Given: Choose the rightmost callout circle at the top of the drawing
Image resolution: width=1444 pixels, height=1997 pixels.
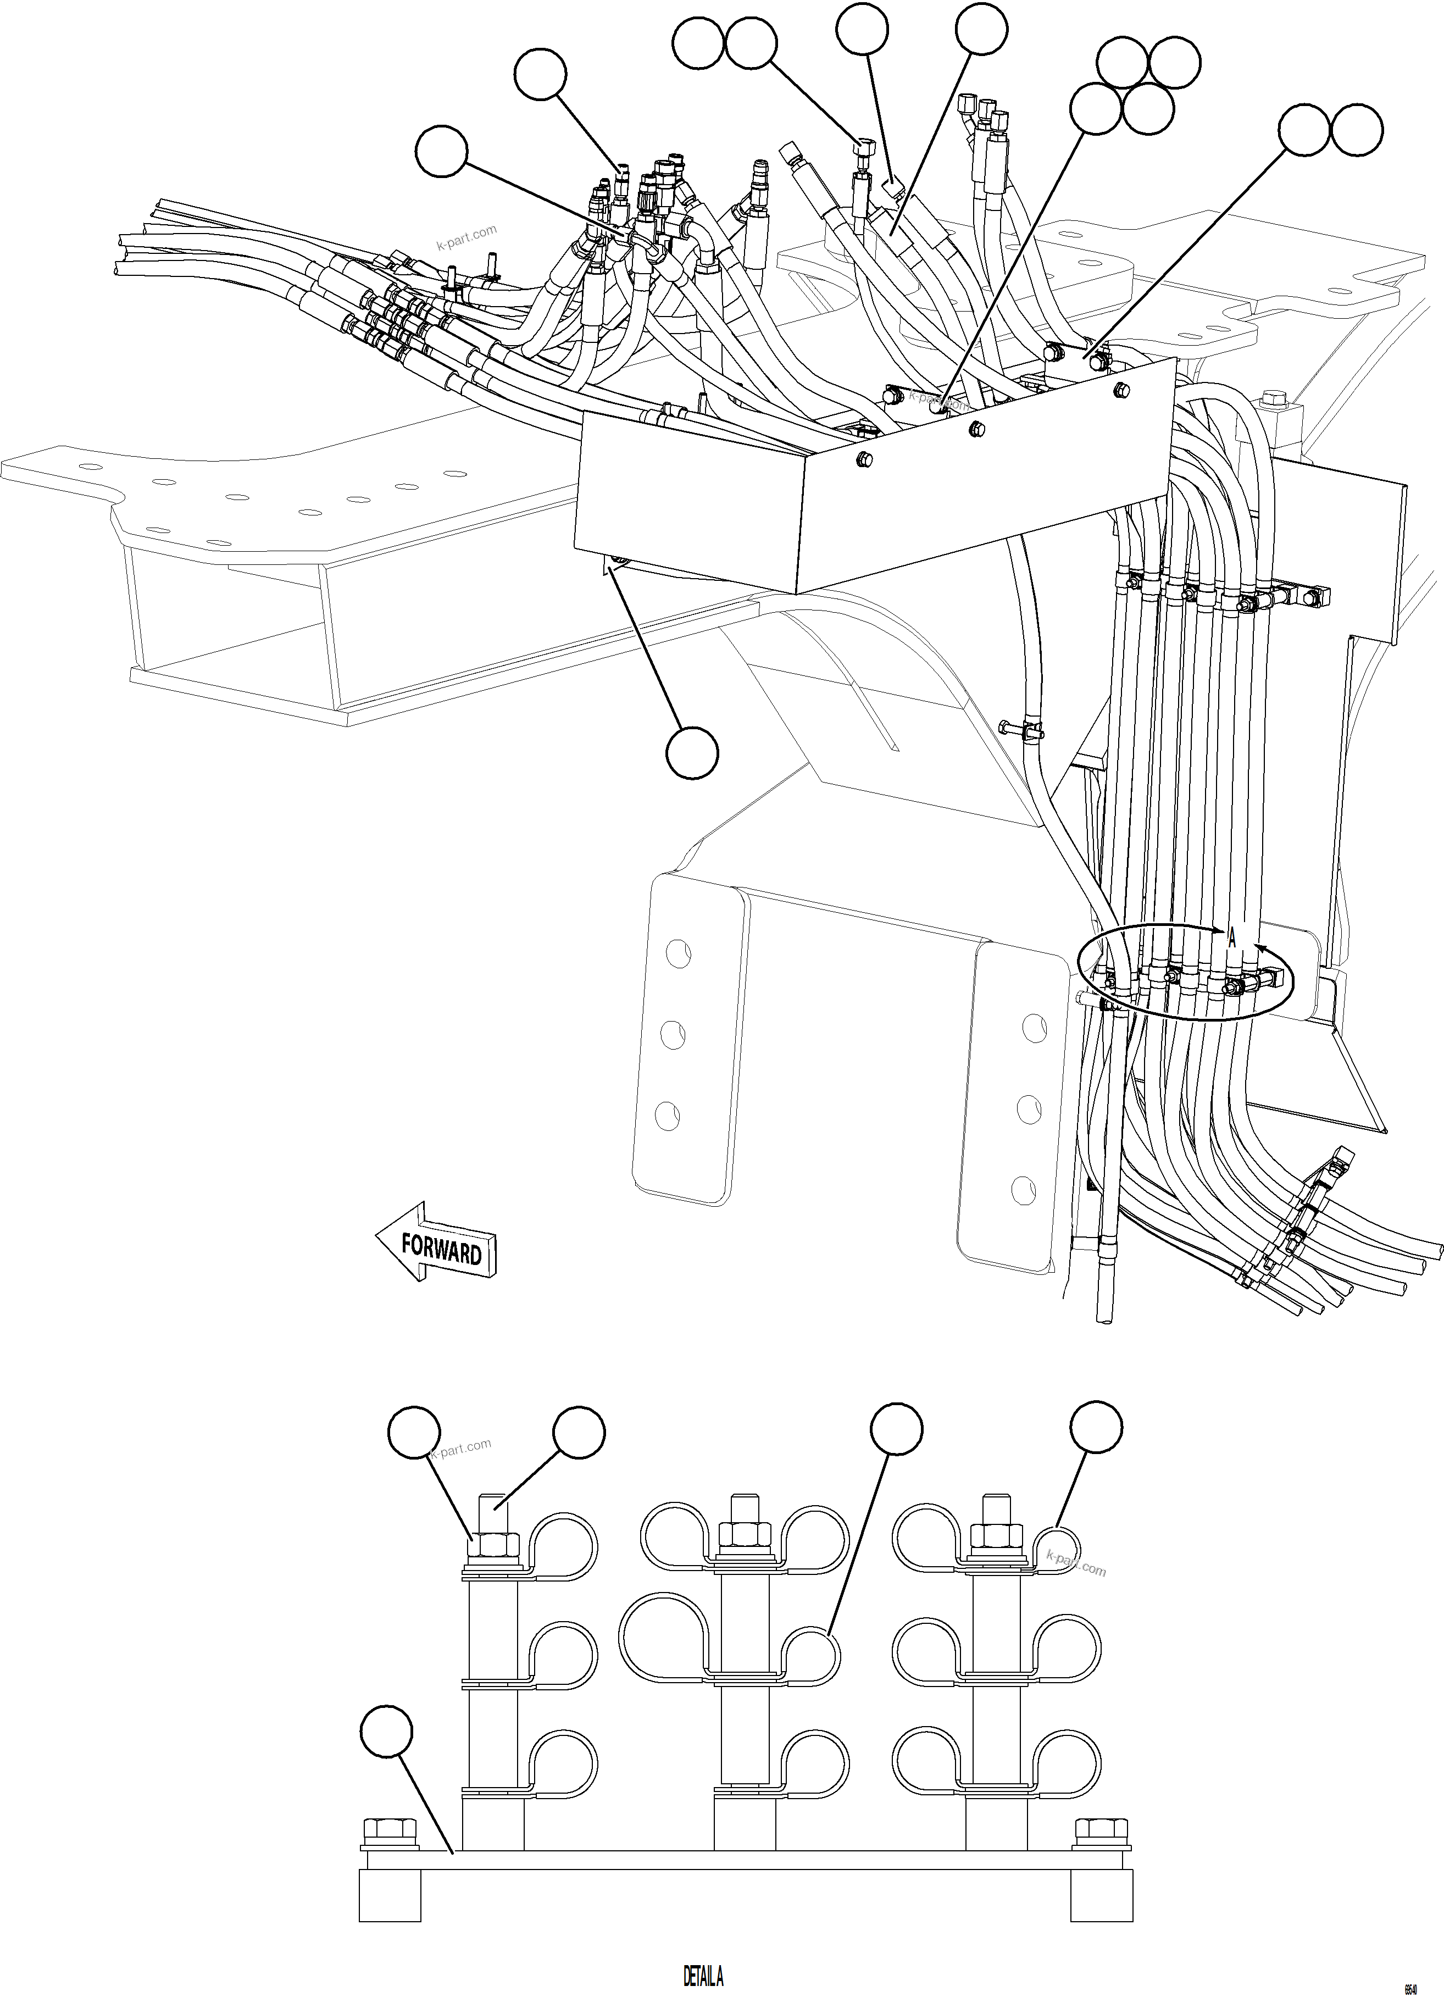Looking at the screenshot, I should tap(1357, 131).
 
